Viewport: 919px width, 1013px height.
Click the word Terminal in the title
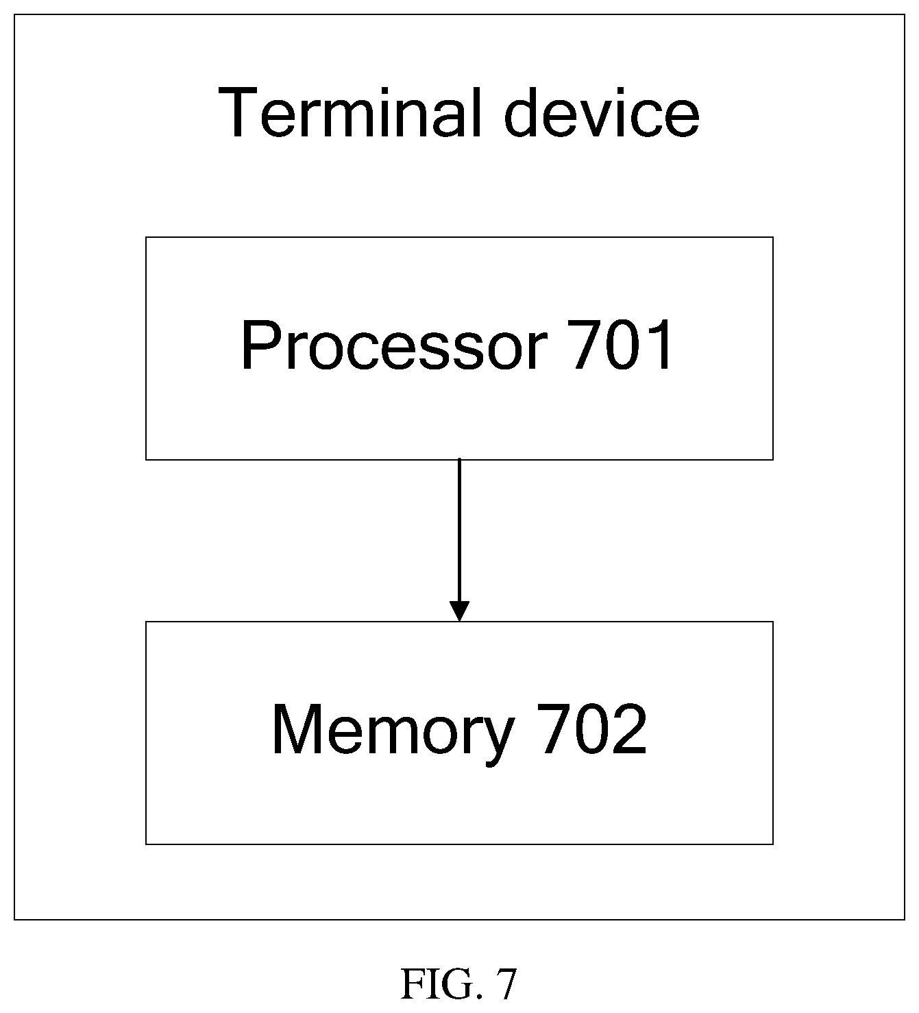(350, 112)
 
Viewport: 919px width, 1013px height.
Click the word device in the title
(602, 112)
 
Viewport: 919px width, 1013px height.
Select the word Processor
(394, 345)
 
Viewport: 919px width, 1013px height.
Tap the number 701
(620, 345)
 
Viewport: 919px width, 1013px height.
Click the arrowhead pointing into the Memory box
(459, 611)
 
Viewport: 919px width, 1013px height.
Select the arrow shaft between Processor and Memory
(459, 530)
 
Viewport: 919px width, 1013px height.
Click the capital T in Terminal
(238, 112)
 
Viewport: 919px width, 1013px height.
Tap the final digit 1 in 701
(659, 345)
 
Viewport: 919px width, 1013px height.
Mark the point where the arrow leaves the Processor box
(459, 459)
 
